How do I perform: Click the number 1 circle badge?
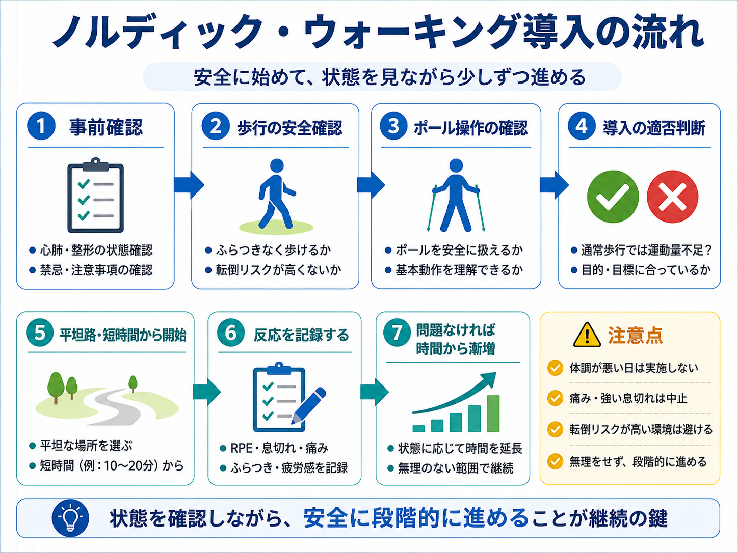(41, 126)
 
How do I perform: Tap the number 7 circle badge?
(397, 333)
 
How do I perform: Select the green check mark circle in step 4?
(613, 197)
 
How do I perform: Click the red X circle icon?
(672, 197)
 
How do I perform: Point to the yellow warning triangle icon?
(587, 335)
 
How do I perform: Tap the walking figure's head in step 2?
(277, 165)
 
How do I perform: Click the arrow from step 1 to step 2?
(189, 185)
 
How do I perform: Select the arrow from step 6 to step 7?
(374, 392)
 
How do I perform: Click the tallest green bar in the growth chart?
(493, 413)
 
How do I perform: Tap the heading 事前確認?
(106, 128)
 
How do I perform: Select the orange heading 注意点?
(635, 335)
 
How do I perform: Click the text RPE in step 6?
(241, 448)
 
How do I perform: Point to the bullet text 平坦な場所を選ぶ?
(86, 446)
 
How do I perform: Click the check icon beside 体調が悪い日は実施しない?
(555, 368)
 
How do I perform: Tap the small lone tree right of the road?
(133, 384)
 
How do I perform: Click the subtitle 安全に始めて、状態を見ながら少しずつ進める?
(390, 77)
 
